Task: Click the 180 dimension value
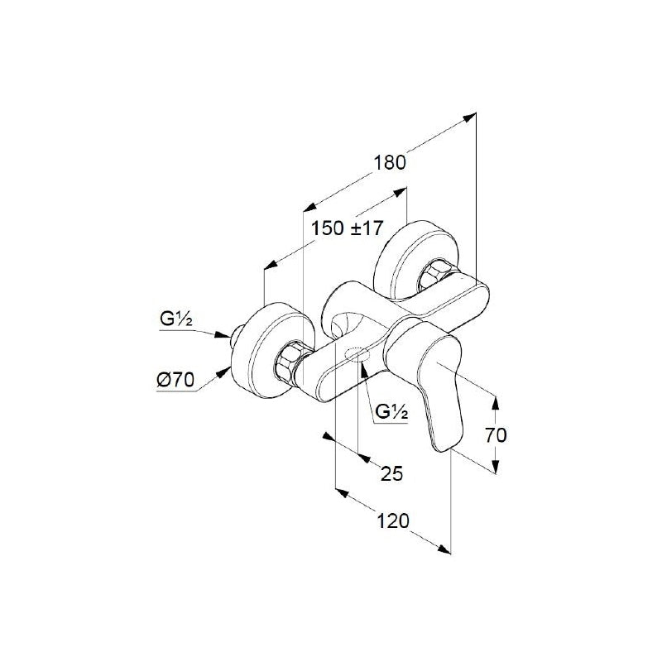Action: (x=390, y=162)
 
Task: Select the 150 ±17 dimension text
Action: (x=347, y=228)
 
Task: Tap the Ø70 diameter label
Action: (x=175, y=381)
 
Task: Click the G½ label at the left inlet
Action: (x=176, y=319)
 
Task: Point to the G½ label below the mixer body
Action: (x=391, y=411)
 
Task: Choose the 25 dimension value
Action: (x=391, y=473)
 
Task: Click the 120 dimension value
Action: (x=393, y=521)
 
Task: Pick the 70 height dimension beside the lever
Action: (x=495, y=435)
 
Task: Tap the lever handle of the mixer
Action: (x=426, y=380)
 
